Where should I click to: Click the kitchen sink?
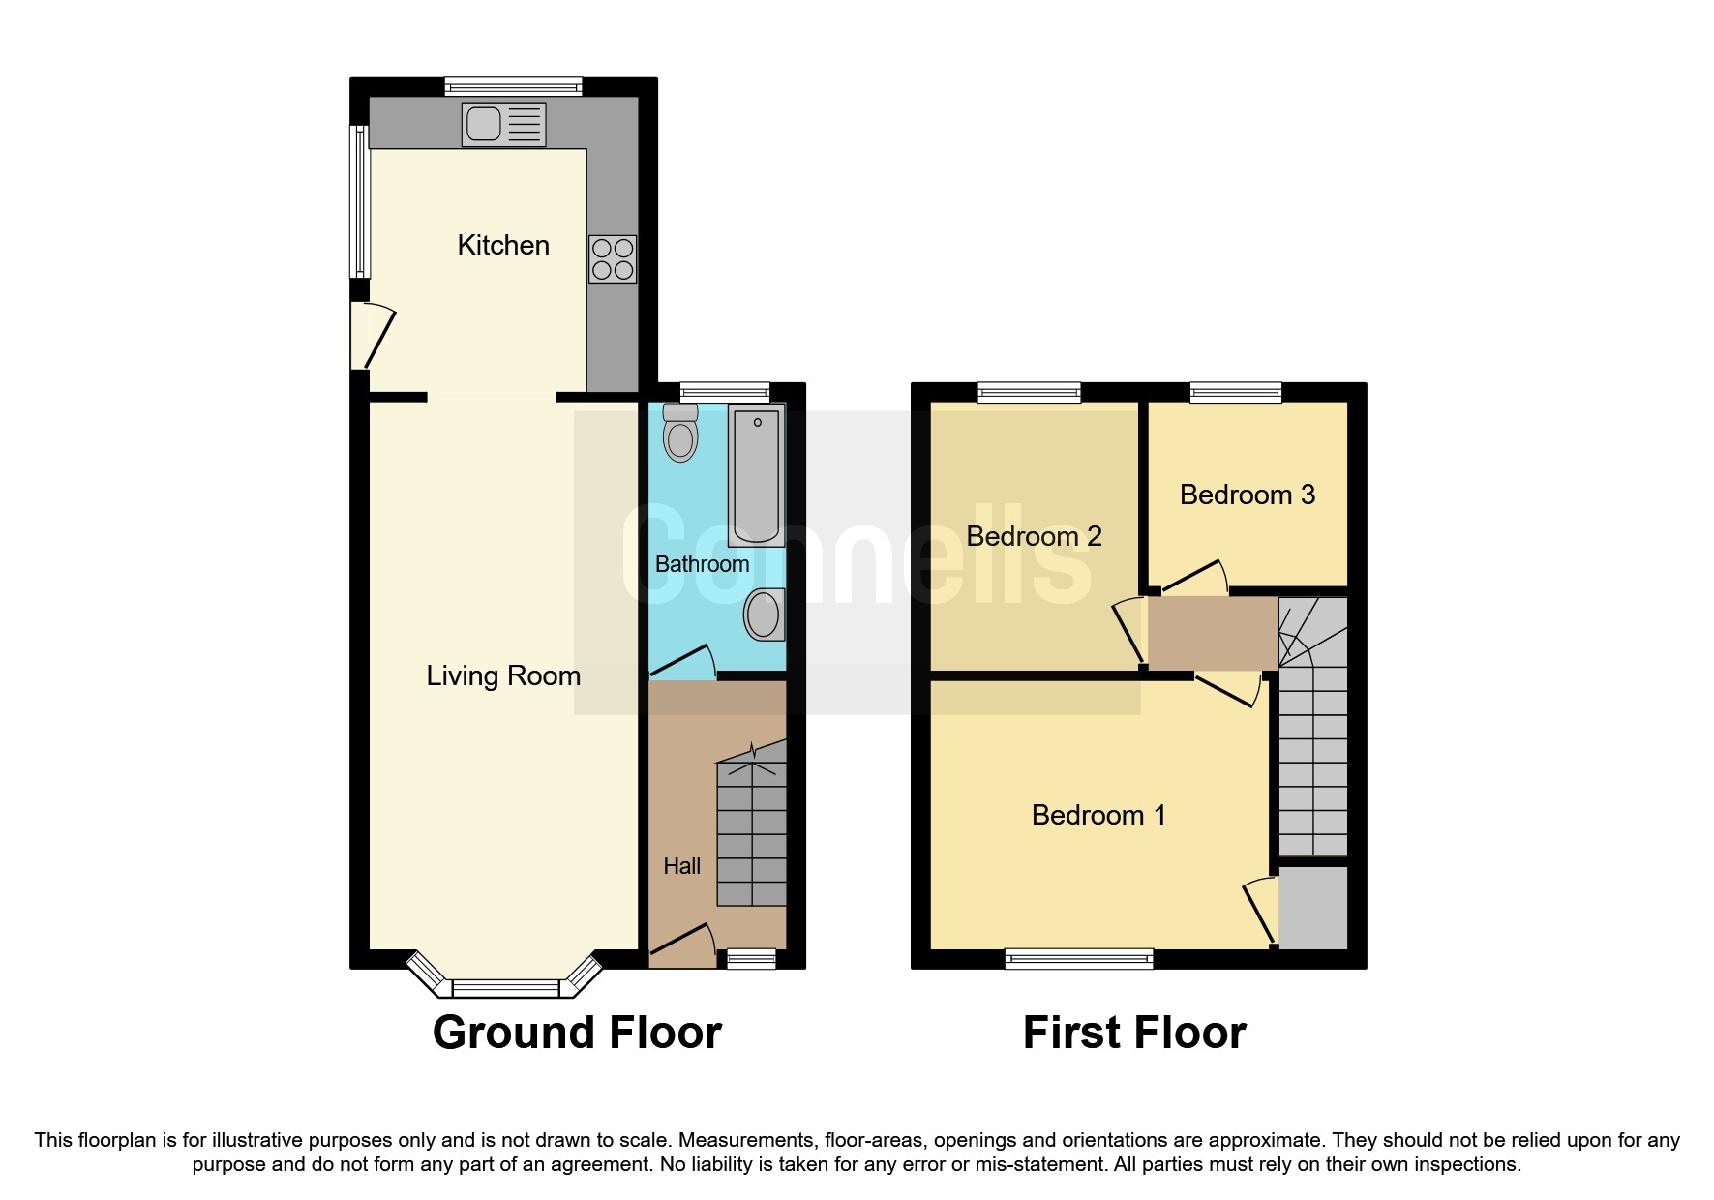pos(503,124)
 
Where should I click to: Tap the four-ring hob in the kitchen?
pos(613,259)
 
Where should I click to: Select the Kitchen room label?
pos(503,245)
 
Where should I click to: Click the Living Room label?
pos(503,675)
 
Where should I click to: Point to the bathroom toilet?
pos(680,435)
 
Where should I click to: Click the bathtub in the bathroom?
pos(756,475)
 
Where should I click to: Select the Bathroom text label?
pos(702,564)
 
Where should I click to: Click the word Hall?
pos(681,866)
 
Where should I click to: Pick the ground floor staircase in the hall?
pos(751,832)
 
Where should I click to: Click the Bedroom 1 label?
pos(1098,815)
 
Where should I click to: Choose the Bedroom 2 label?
pos(1034,536)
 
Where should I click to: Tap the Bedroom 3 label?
pos(1248,495)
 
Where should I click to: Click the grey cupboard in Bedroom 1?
pos(1313,907)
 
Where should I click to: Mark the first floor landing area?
pos(1212,633)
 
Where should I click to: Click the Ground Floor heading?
pos(577,1033)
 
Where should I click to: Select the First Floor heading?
pos(1134,1033)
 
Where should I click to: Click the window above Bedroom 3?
pos(1236,392)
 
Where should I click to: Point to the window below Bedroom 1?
pos(1079,959)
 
